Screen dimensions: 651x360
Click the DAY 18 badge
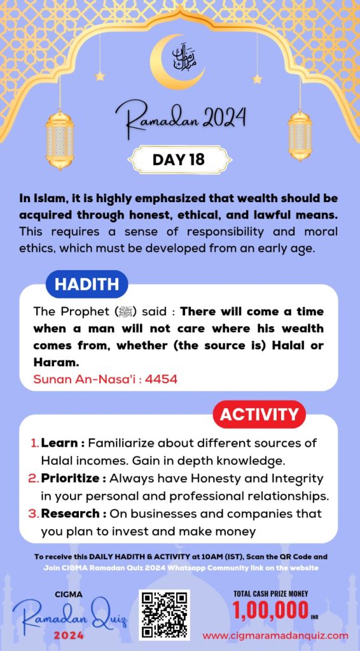tap(179, 160)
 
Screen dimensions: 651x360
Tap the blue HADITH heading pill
tap(87, 285)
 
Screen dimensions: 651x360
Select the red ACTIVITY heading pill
tap(258, 415)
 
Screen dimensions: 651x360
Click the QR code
tap(164, 613)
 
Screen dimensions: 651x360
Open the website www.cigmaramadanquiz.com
tap(275, 635)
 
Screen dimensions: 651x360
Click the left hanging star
tap(99, 76)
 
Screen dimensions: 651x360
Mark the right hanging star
tap(257, 79)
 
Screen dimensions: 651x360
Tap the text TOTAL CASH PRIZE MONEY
tap(271, 594)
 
